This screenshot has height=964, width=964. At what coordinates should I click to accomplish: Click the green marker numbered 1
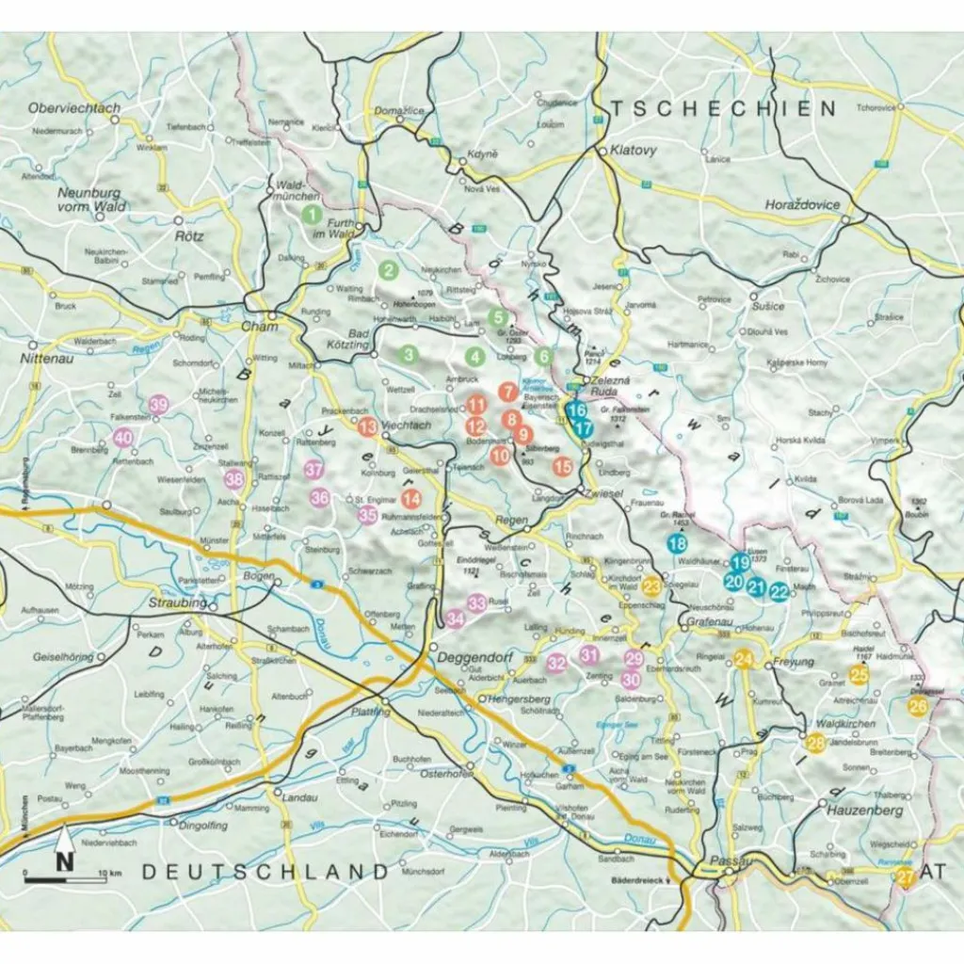pos(309,215)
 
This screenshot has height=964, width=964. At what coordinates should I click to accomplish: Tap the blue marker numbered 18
pos(676,543)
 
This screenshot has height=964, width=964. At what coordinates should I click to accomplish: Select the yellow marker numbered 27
pos(905,878)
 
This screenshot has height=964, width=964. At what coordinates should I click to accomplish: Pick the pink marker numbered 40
pos(123,438)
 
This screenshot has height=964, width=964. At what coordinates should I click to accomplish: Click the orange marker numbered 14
pos(410,499)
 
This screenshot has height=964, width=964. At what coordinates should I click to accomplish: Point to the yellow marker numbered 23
pos(651,586)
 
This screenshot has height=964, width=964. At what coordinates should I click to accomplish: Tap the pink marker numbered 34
pos(456,619)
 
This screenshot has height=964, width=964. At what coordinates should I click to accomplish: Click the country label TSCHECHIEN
pos(722,108)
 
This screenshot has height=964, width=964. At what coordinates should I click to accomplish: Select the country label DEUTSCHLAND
pos(265,872)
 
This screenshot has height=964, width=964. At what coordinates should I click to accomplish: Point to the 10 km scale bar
pos(64,878)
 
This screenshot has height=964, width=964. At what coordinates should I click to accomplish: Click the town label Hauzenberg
pos(864,810)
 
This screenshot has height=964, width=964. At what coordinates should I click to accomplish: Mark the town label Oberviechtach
pos(74,108)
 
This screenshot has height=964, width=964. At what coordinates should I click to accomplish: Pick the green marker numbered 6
pos(543,357)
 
